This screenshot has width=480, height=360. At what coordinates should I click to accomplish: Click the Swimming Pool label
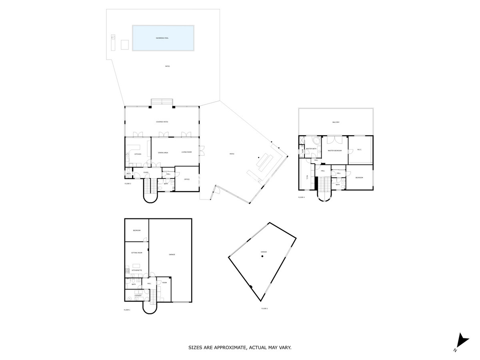coord(162,38)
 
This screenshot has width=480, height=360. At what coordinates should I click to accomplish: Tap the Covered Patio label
coord(162,122)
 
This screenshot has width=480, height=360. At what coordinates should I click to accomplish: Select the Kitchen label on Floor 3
coord(138,154)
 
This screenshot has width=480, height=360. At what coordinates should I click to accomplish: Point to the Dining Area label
coord(163,152)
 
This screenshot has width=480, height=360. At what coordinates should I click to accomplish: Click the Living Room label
coord(186,152)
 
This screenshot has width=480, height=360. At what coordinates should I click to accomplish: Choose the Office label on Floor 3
coord(186,180)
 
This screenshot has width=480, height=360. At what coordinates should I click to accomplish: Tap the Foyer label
coord(146,172)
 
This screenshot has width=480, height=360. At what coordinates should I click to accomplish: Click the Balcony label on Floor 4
coord(336,122)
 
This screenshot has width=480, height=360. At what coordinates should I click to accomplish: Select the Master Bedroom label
coord(335,151)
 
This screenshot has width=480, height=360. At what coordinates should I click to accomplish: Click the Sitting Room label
coord(137,253)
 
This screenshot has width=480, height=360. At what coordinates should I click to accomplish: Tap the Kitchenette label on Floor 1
coord(137,270)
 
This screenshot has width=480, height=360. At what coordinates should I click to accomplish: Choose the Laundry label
coord(138,296)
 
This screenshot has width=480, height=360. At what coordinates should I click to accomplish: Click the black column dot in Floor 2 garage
coord(262,256)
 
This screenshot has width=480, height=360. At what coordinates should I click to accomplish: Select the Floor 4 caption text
coord(301,197)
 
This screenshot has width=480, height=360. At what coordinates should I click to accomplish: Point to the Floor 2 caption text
coord(264,308)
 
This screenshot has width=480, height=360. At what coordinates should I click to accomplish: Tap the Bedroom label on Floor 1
coord(137,230)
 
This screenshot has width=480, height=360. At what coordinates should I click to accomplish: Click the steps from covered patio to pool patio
coord(162,102)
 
